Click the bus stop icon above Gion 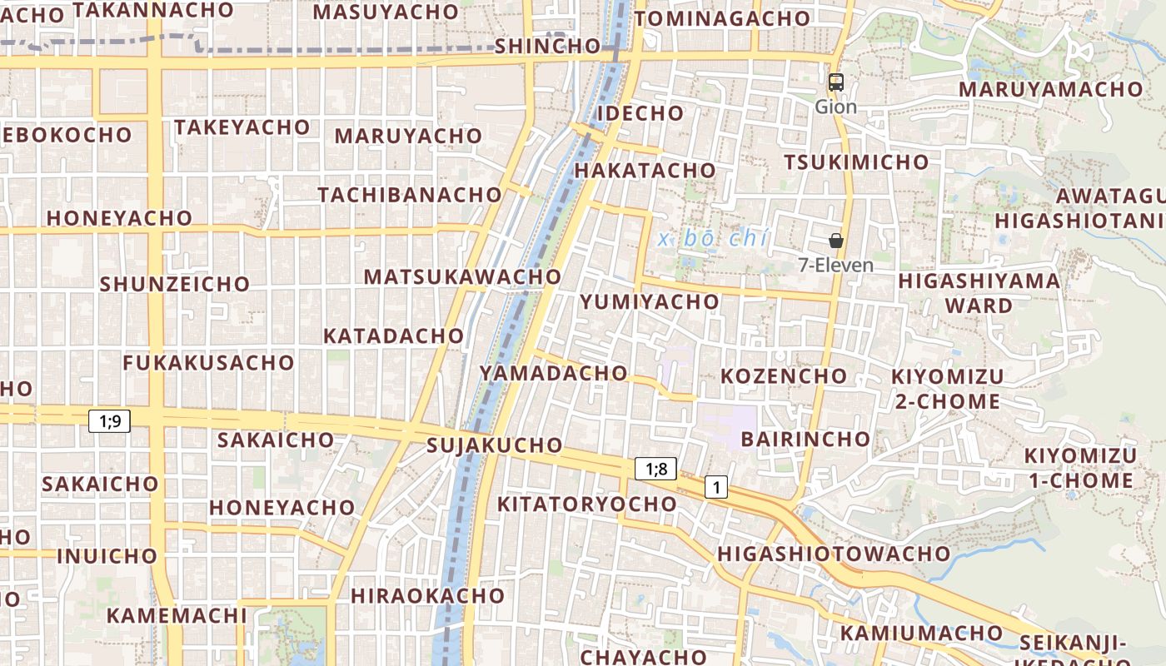coord(835,82)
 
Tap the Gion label coord(835,107)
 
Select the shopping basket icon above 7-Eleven coord(836,241)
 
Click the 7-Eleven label coord(836,266)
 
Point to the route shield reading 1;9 coord(110,421)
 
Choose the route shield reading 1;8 coord(656,469)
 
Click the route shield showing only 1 coord(716,487)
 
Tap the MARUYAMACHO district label coord(1051,89)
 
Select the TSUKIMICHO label coord(856,162)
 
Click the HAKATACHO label coord(645,171)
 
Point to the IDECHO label coord(640,113)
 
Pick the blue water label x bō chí coord(712,239)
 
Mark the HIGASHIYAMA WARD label coord(979,293)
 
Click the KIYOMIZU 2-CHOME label coord(948,389)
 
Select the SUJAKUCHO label coord(495,445)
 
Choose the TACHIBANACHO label coord(410,195)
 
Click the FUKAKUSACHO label coord(208,363)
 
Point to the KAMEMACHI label coord(177,616)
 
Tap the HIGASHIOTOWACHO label coord(834,554)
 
